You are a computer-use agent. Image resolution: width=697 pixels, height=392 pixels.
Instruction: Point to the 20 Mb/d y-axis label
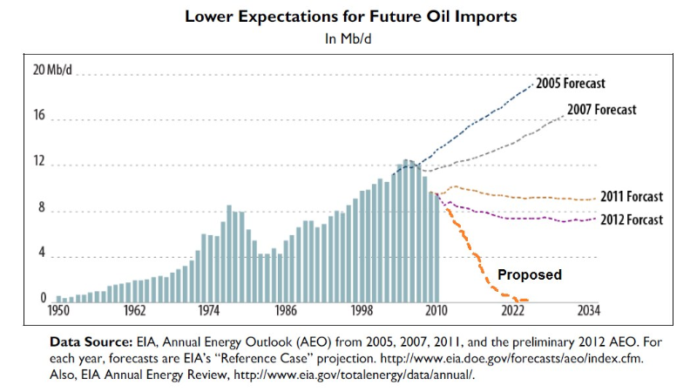[x=29, y=71]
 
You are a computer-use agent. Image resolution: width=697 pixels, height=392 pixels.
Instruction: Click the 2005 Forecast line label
[x=570, y=84]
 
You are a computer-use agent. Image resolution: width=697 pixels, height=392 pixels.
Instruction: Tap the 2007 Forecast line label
[x=601, y=110]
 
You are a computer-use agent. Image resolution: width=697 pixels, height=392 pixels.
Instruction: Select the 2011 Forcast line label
[x=632, y=196]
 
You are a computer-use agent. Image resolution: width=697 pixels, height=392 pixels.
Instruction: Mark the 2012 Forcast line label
[x=632, y=220]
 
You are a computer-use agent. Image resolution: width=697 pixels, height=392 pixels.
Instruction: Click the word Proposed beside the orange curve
[x=529, y=274]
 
